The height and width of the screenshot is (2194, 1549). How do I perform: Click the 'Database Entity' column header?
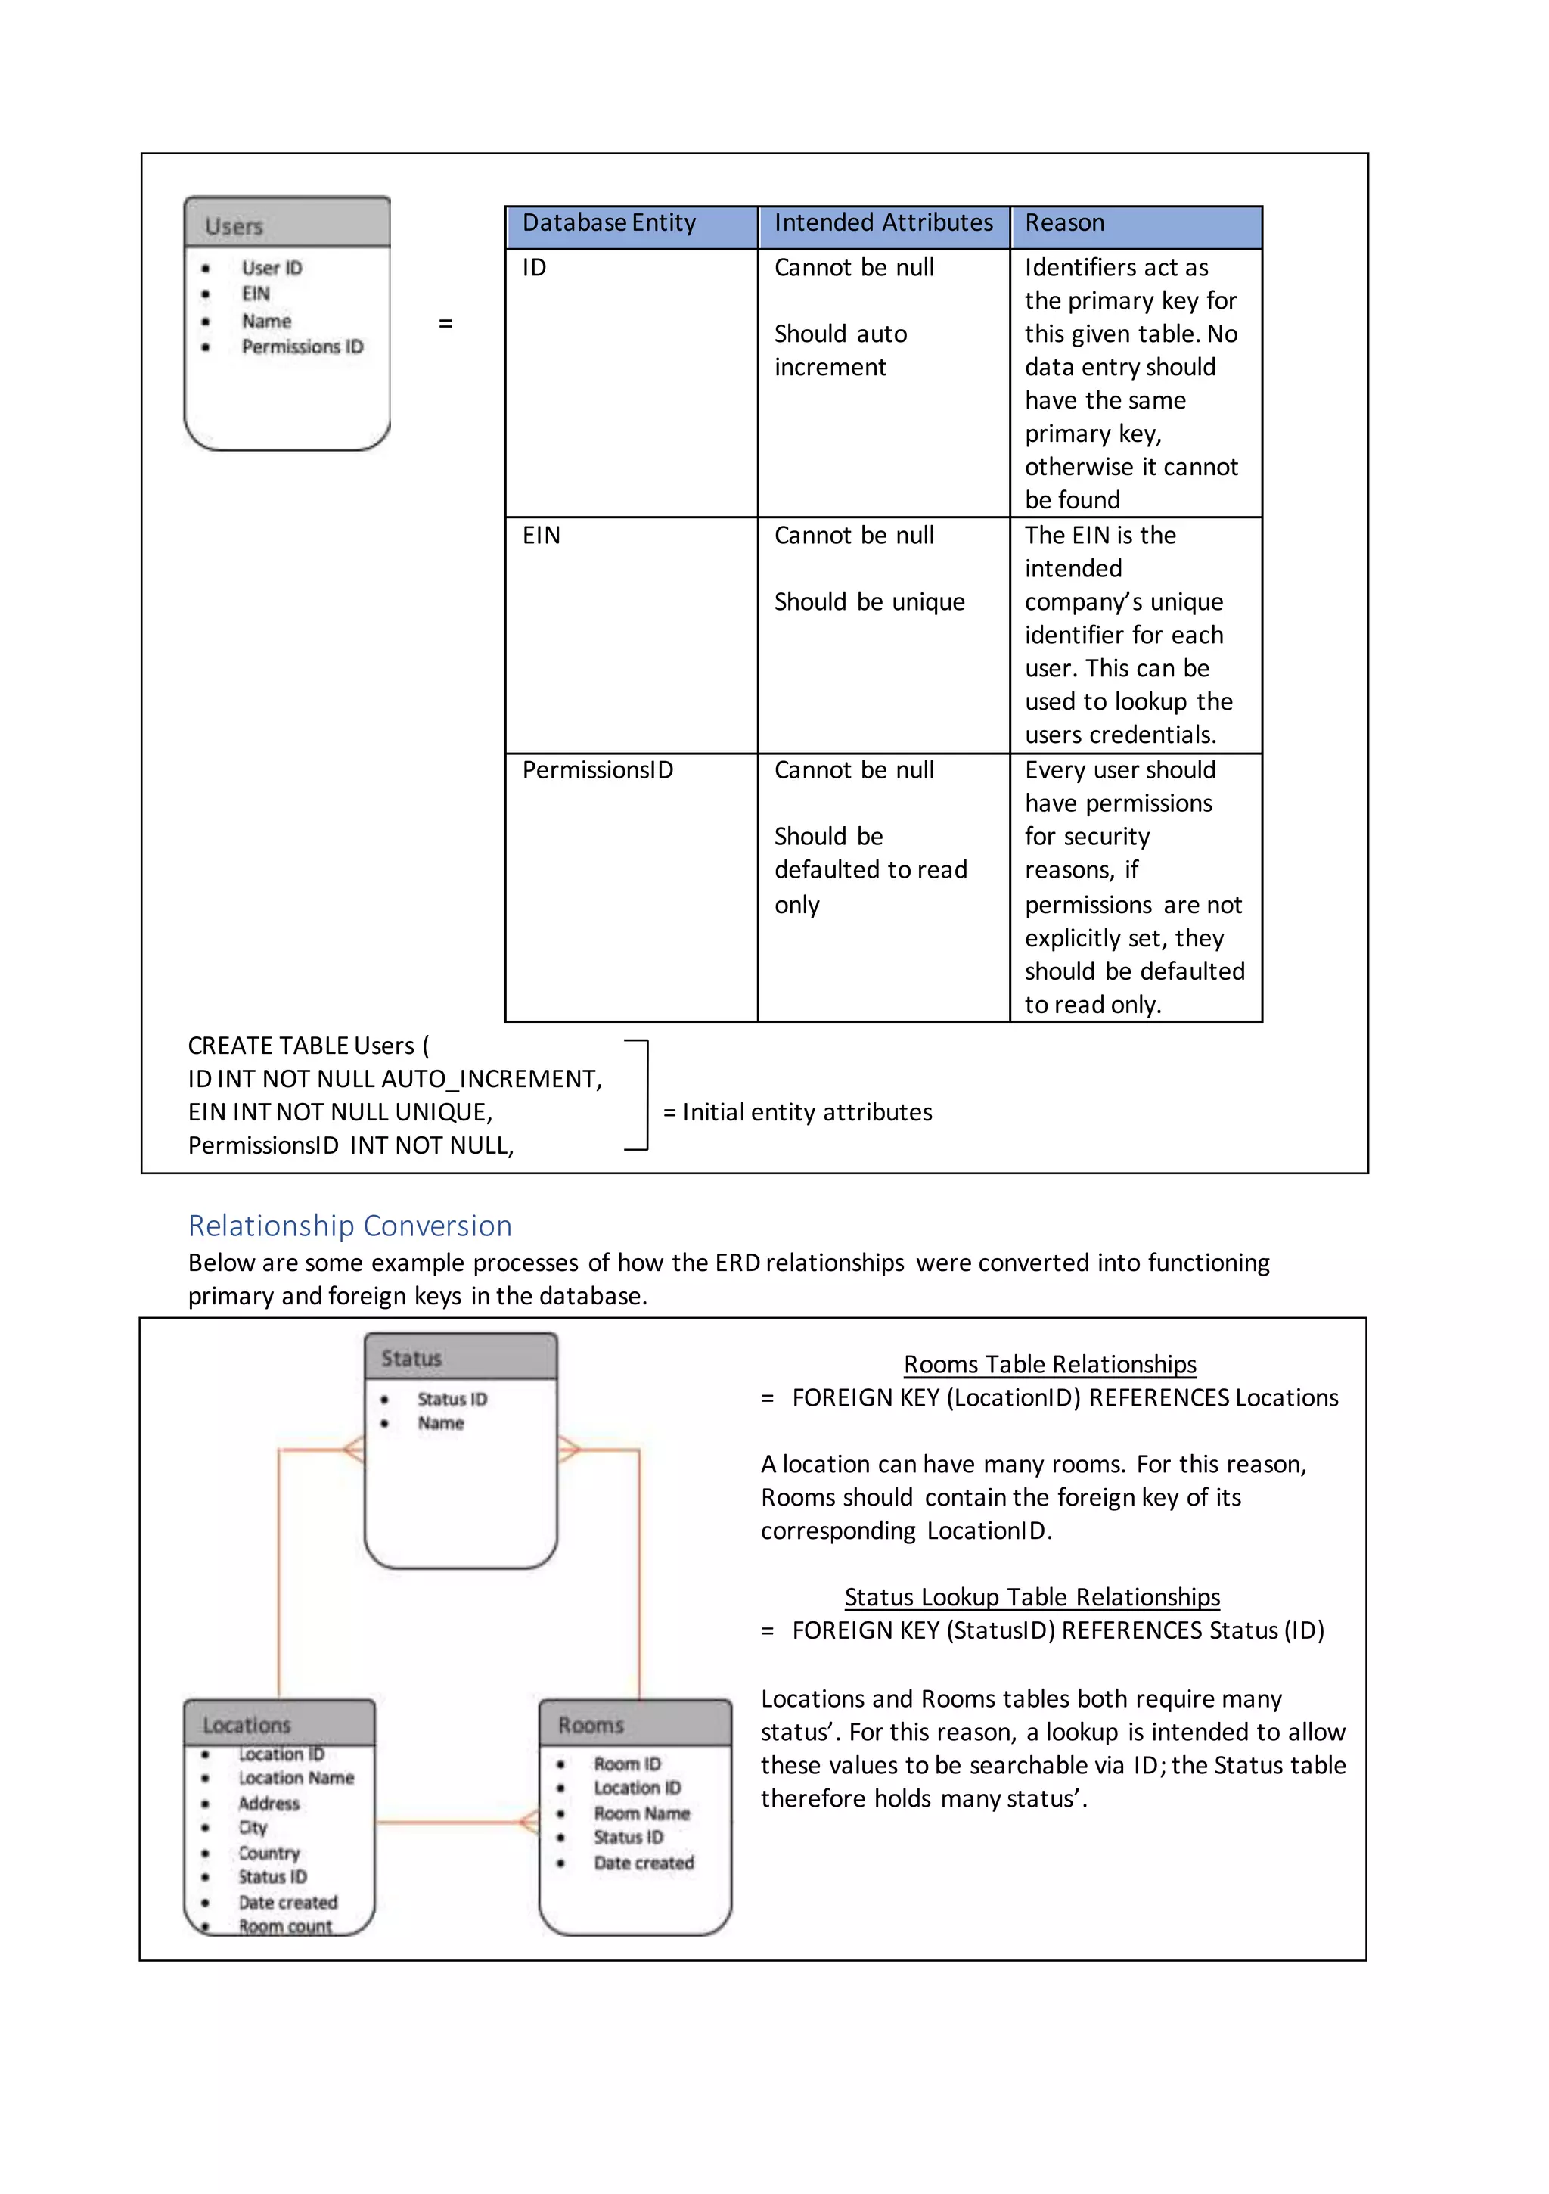(x=609, y=222)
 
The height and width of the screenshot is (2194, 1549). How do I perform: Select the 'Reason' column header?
(x=1064, y=222)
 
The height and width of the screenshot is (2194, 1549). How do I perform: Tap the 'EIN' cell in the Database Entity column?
(x=541, y=535)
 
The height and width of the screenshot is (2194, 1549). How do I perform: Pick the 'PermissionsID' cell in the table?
(x=598, y=770)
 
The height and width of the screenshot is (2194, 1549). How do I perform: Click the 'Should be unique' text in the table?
(x=868, y=602)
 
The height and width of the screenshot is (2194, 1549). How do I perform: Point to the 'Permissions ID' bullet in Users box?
(x=302, y=347)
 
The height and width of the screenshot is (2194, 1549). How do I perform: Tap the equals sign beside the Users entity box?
(x=445, y=324)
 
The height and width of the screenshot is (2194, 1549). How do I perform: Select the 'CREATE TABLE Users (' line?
(x=308, y=1046)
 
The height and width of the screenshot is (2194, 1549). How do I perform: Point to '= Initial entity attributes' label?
(x=797, y=1112)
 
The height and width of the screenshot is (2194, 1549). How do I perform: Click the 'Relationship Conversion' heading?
(x=349, y=1226)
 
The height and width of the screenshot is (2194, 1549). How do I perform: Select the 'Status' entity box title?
(x=412, y=1359)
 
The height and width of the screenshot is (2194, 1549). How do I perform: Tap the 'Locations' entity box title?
(x=247, y=1725)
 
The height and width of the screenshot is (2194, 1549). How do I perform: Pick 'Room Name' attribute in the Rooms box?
(x=641, y=1813)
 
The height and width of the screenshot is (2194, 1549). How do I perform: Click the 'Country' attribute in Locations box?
(x=269, y=1853)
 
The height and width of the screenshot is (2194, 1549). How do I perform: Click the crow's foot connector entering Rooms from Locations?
(x=529, y=1823)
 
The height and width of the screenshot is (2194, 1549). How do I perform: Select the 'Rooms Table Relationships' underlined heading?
(x=1049, y=1365)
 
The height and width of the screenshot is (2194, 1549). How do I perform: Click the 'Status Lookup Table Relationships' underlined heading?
(x=1032, y=1597)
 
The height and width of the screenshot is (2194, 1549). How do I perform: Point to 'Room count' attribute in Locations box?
(x=284, y=1926)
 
